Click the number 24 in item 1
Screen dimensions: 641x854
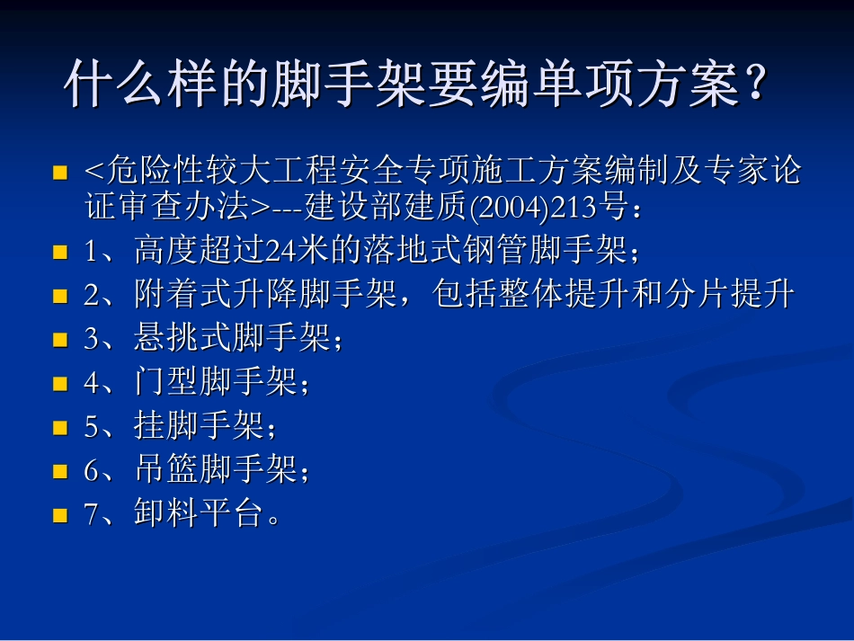[274, 251]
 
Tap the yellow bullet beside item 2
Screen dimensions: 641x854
[60, 296]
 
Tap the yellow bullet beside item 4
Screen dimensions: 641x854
[60, 384]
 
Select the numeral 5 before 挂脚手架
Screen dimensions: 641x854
[91, 427]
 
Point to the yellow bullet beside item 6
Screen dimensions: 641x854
[60, 471]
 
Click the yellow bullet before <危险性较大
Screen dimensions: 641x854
[60, 172]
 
